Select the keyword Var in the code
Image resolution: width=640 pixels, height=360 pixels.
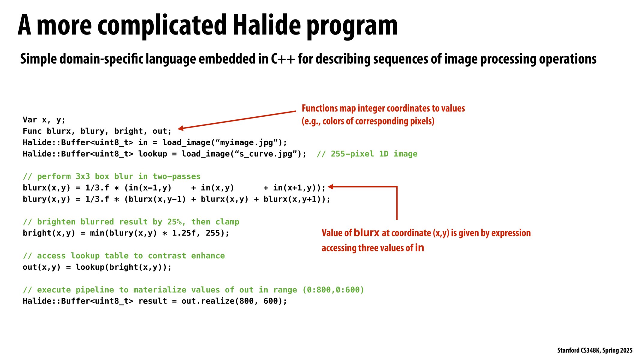pos(30,120)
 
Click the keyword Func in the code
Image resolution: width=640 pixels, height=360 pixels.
pos(32,131)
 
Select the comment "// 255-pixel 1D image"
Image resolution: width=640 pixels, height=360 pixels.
pos(367,154)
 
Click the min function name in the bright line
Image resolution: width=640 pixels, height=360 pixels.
pos(97,233)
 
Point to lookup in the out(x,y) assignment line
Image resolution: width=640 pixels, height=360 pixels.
pos(90,267)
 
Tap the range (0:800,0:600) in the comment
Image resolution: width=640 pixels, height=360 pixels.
pos(333,290)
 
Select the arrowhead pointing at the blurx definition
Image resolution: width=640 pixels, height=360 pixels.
pos(331,187)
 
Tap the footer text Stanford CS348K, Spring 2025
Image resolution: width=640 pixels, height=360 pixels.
pos(595,350)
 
